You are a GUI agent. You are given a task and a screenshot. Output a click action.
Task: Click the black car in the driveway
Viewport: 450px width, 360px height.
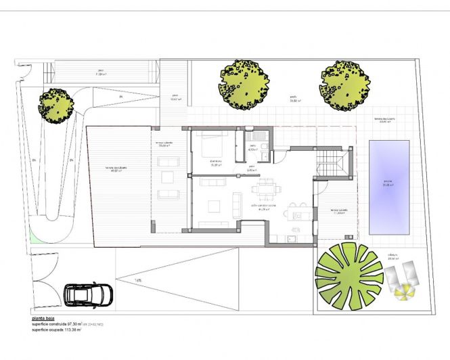point(89,294)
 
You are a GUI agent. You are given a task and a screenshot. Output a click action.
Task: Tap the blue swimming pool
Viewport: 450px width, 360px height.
point(389,186)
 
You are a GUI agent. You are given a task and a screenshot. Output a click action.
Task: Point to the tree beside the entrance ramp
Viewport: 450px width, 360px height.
point(55,105)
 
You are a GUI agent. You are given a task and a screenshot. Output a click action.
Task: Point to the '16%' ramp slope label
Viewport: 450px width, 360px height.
point(138,279)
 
